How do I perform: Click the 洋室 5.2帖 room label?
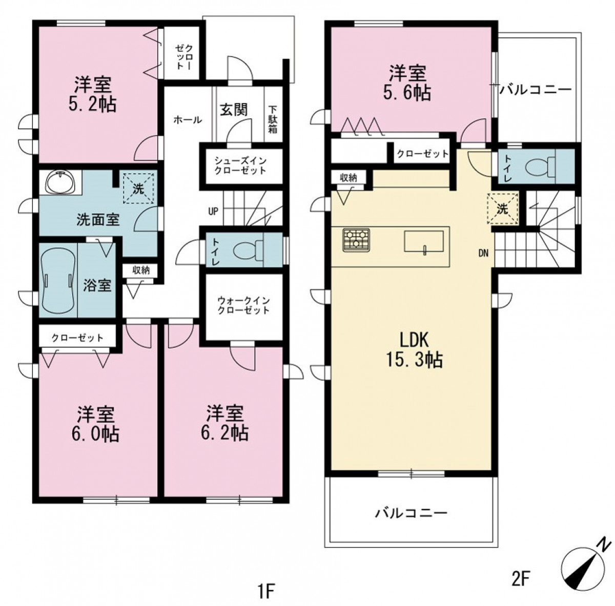93,94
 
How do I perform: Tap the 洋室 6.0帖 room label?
95,424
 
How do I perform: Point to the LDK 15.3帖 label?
414,349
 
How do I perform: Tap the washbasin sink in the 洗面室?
60,182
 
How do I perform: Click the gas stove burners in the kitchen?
356,240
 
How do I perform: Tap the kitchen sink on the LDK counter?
424,242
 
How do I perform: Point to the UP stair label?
213,211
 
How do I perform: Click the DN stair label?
483,254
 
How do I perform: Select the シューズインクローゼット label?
240,165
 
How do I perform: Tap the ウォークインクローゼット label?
243,305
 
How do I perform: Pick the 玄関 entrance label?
234,110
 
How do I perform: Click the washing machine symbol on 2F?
503,208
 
